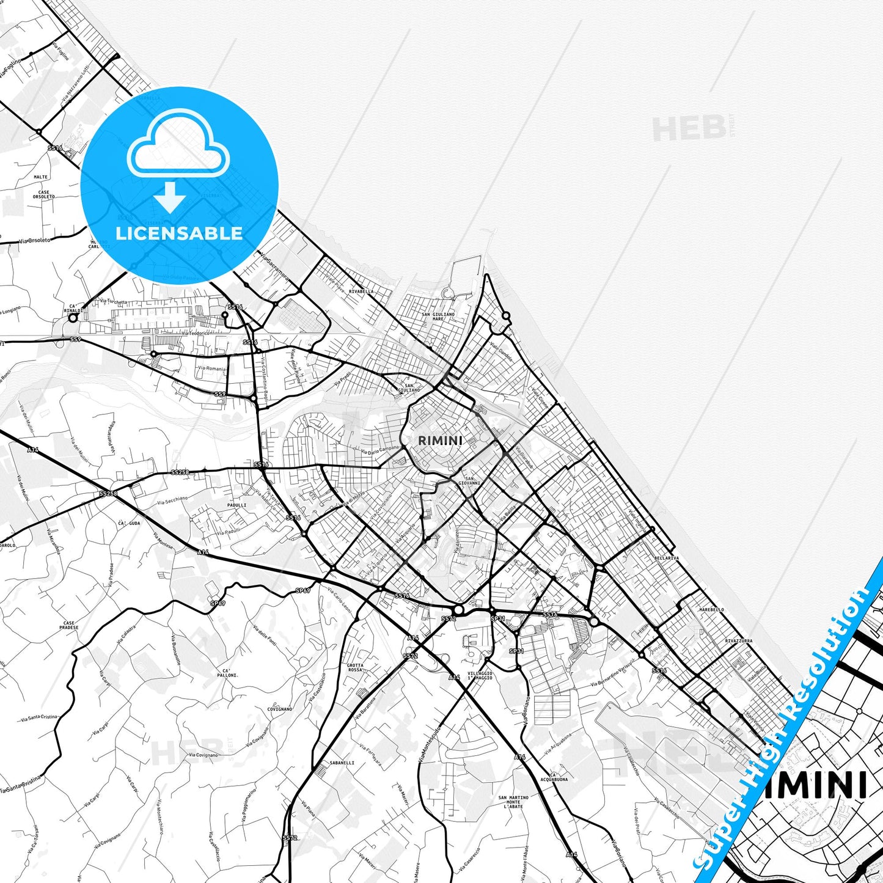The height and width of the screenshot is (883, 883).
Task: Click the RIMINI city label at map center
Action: (439, 440)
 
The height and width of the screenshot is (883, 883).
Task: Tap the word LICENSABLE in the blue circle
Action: (179, 233)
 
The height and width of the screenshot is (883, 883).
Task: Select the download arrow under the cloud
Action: (170, 197)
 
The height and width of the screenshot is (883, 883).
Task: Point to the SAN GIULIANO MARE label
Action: (438, 316)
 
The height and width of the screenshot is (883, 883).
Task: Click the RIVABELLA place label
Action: (361, 291)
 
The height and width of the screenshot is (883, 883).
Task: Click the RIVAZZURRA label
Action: (739, 641)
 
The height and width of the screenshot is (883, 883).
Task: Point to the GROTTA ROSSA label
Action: (355, 667)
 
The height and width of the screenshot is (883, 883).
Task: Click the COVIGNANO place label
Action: (279, 709)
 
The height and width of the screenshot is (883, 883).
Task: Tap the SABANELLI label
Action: (342, 763)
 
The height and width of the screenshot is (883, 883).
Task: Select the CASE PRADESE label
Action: (69, 625)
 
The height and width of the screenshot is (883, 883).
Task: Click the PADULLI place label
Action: (236, 505)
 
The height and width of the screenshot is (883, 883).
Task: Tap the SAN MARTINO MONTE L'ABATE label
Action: (513, 802)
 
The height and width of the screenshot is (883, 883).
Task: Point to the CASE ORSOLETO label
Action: (44, 194)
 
